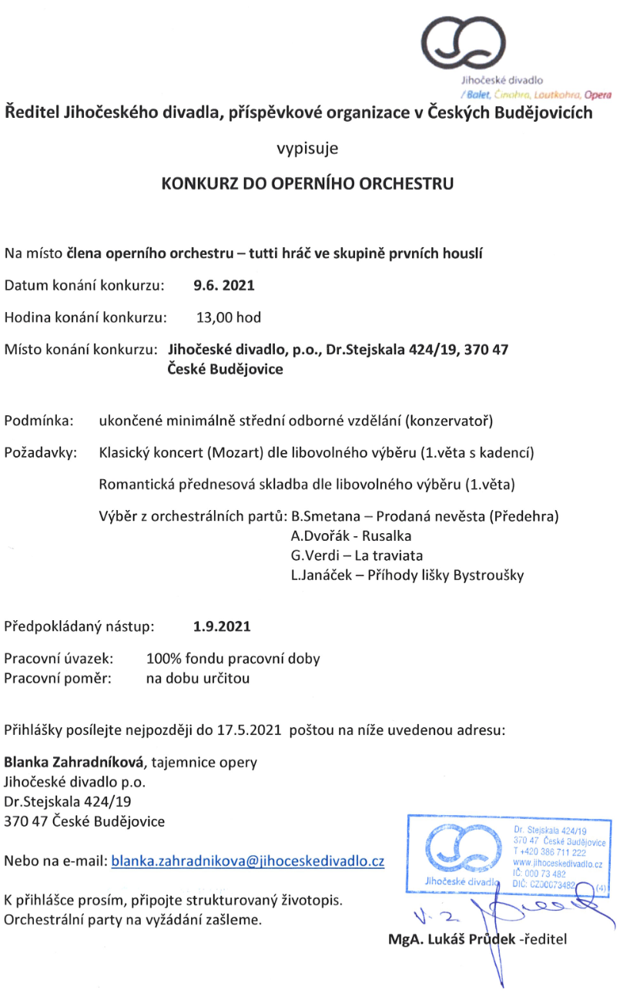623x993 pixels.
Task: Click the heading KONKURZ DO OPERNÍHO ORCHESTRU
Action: coord(307,184)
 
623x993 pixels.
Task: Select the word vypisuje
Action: coord(307,148)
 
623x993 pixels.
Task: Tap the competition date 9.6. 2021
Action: coord(223,285)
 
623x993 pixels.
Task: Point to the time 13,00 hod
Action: coord(229,317)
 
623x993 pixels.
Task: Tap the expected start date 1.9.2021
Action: coord(222,626)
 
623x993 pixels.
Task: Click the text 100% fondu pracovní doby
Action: coord(233,659)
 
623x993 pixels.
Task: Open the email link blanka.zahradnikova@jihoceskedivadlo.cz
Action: coord(248,861)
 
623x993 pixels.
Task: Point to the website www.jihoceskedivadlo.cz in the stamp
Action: coord(557,864)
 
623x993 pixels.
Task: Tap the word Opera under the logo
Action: coord(598,95)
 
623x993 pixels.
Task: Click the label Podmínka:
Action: coord(40,421)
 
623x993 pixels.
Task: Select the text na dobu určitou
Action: coord(198,679)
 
